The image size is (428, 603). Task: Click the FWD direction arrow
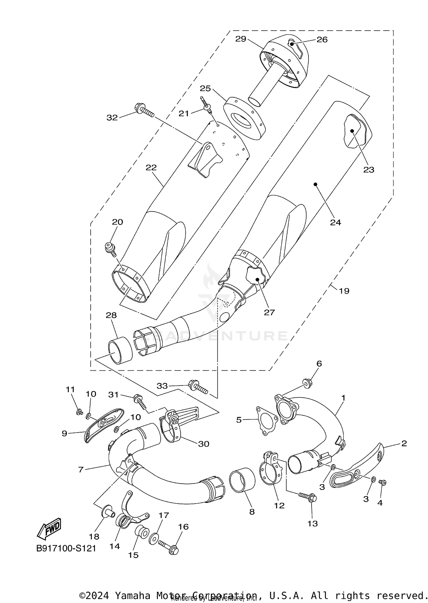pyautogui.click(x=49, y=529)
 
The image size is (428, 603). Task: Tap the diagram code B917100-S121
pyautogui.click(x=66, y=548)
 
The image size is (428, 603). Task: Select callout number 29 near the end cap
pyautogui.click(x=241, y=39)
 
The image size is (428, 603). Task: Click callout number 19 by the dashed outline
pyautogui.click(x=344, y=291)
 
